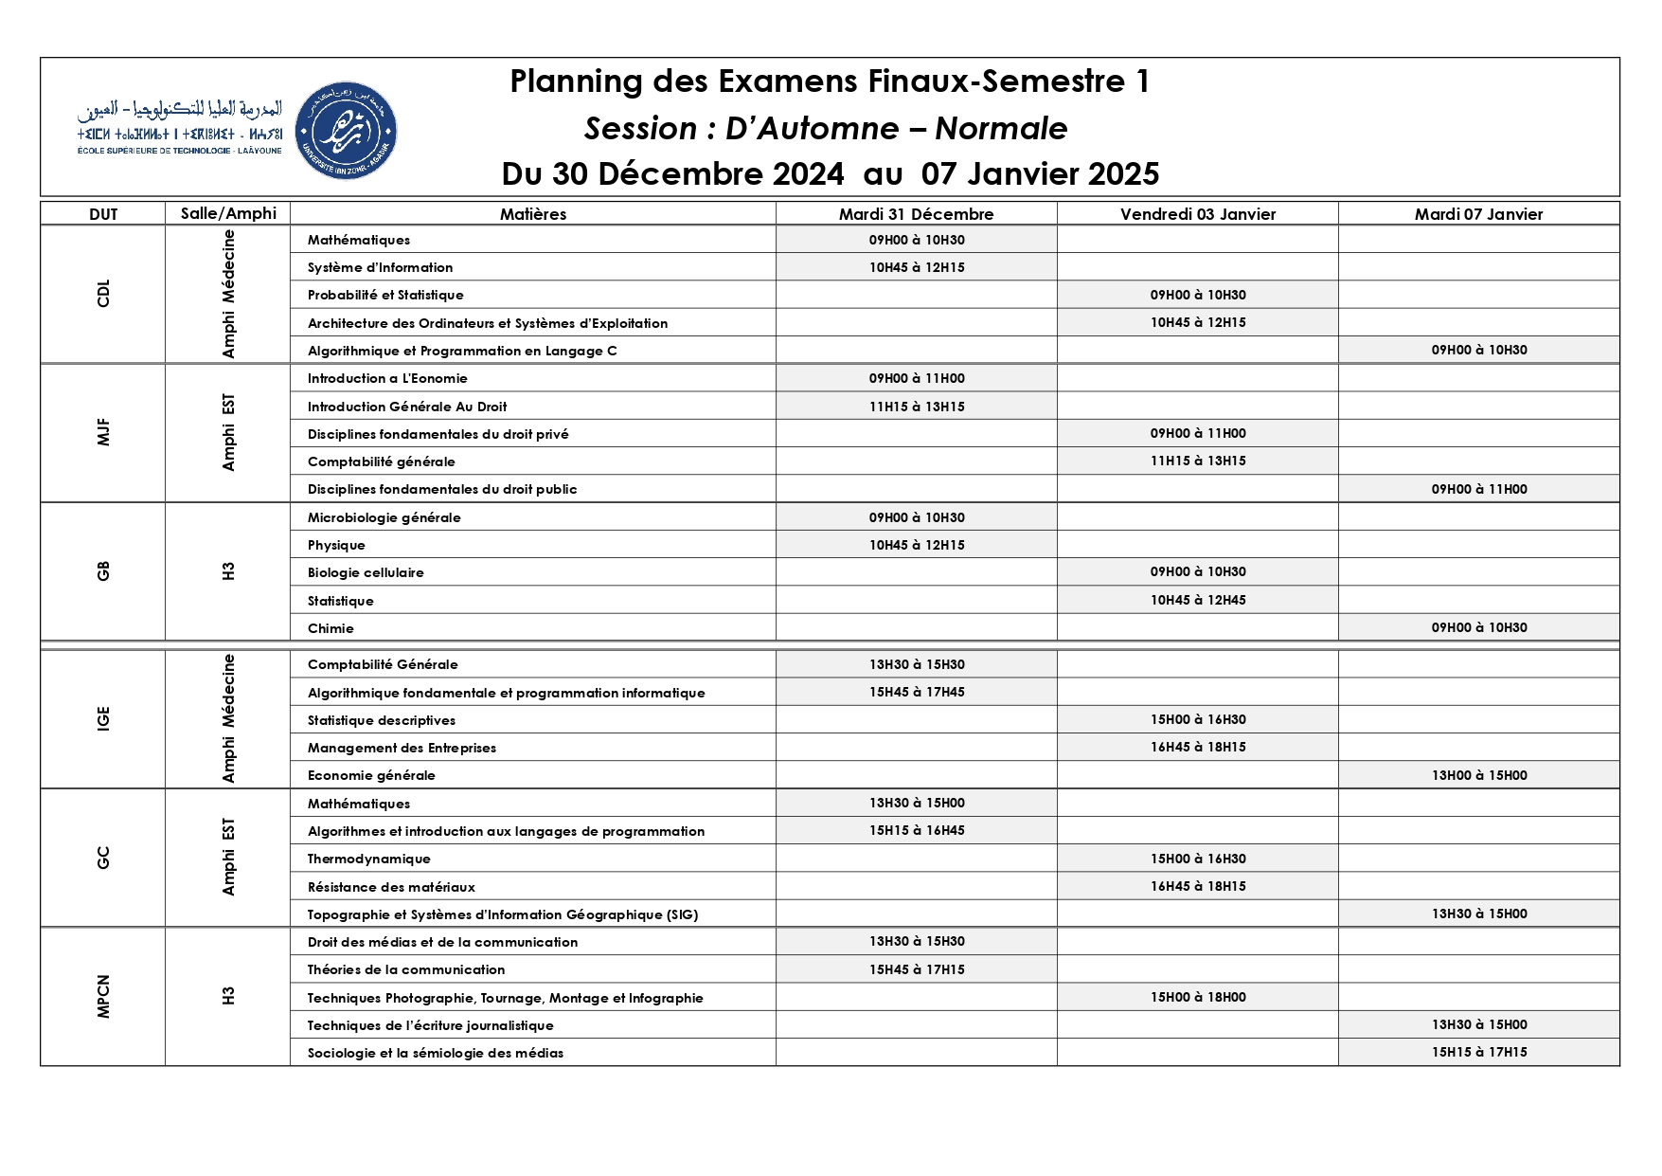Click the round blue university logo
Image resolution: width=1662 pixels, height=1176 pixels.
point(346,131)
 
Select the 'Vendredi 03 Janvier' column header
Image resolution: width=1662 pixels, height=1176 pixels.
point(1197,214)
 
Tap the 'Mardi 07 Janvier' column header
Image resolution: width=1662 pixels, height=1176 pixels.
point(1478,214)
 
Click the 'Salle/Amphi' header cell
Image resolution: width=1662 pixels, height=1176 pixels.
point(228,213)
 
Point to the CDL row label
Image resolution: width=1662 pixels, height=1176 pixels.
point(103,294)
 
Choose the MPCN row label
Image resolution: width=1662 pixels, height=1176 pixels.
point(103,996)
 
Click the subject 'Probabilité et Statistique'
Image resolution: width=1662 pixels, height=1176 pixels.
point(385,295)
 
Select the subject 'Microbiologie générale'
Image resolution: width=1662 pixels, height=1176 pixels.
point(384,517)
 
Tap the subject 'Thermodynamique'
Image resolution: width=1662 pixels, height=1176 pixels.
point(368,859)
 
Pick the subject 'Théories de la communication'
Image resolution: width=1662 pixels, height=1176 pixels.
point(405,969)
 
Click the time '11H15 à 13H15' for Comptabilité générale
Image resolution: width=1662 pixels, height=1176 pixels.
point(1197,461)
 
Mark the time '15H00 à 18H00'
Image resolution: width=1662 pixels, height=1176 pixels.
point(1197,997)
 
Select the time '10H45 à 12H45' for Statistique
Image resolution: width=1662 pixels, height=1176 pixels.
point(1197,600)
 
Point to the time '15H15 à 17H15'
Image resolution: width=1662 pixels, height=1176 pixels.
point(1478,1052)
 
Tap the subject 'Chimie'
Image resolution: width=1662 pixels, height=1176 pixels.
point(331,628)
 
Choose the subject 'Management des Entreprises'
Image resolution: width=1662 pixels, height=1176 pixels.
point(402,748)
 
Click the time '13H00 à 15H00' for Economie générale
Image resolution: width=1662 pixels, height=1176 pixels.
point(1478,775)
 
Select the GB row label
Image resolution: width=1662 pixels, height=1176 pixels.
point(103,571)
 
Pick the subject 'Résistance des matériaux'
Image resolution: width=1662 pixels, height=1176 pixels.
point(391,887)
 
